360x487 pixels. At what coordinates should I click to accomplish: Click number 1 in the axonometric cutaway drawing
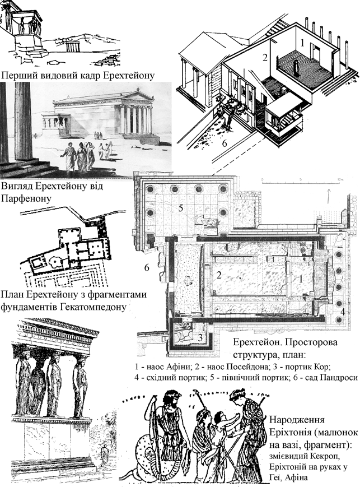pyautogui.click(x=302, y=41)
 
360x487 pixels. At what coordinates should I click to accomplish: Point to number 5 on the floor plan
pyautogui.click(x=181, y=208)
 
